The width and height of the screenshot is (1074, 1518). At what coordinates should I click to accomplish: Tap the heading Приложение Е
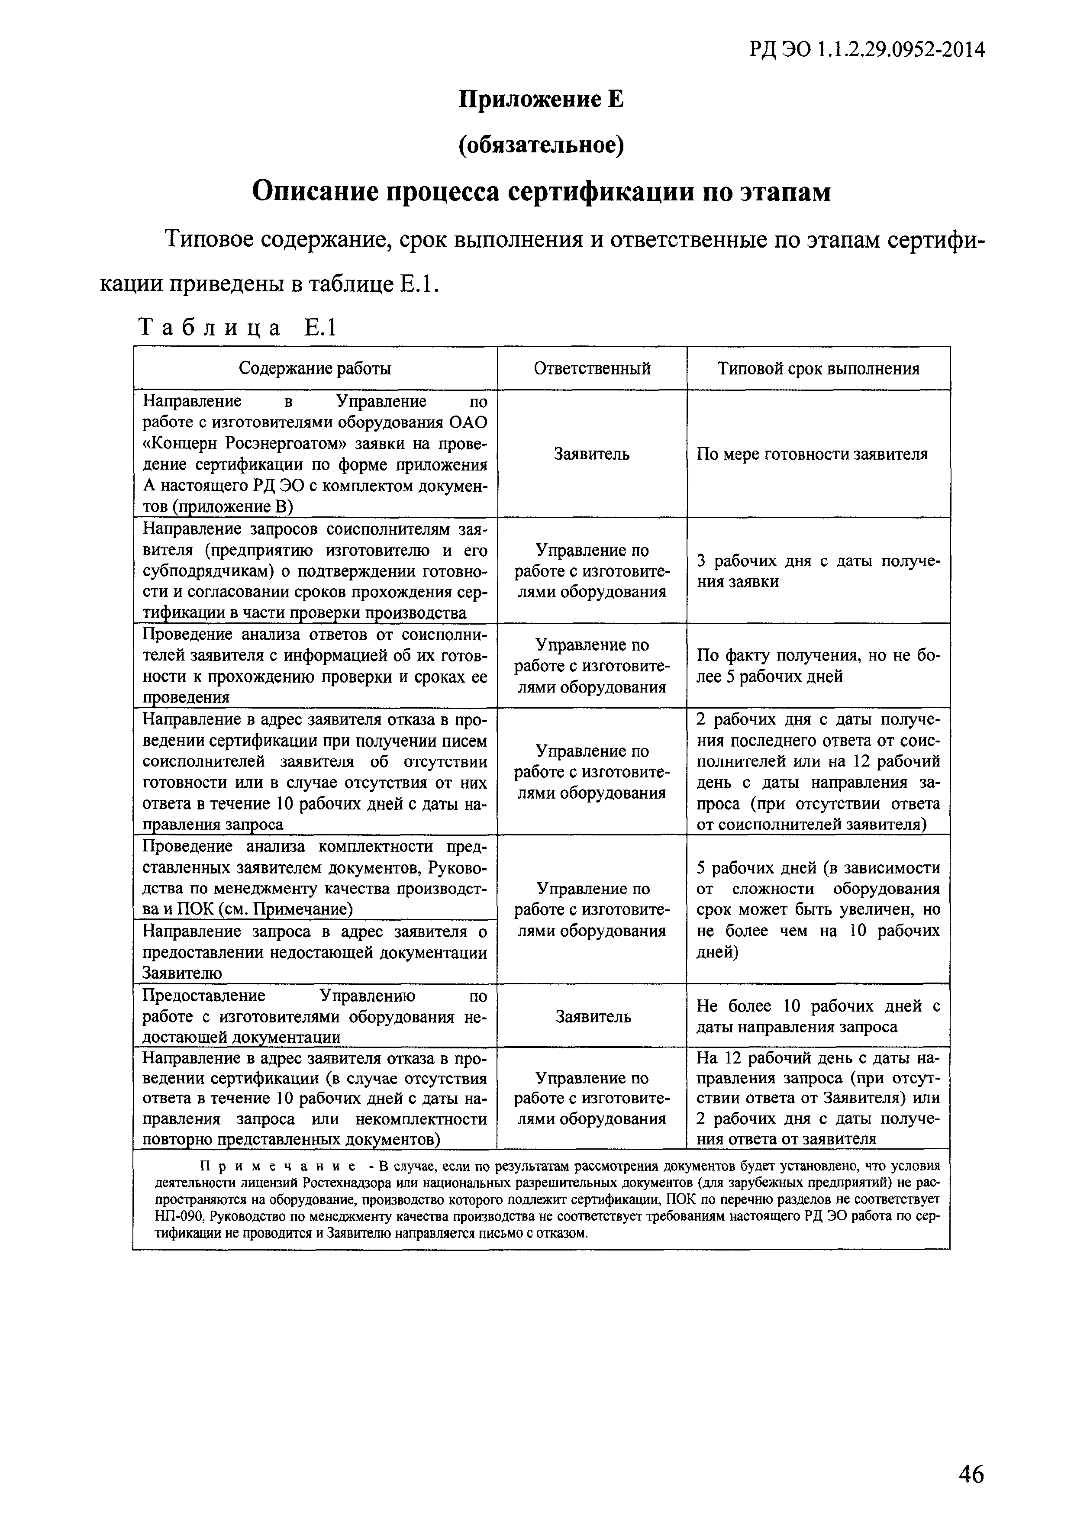(x=541, y=100)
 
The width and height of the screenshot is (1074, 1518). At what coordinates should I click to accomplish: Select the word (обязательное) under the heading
(x=541, y=145)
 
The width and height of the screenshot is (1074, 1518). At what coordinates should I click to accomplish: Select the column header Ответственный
(x=592, y=368)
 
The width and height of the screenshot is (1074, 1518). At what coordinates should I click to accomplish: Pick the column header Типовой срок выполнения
(x=818, y=368)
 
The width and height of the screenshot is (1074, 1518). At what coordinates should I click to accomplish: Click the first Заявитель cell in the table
(x=592, y=454)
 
